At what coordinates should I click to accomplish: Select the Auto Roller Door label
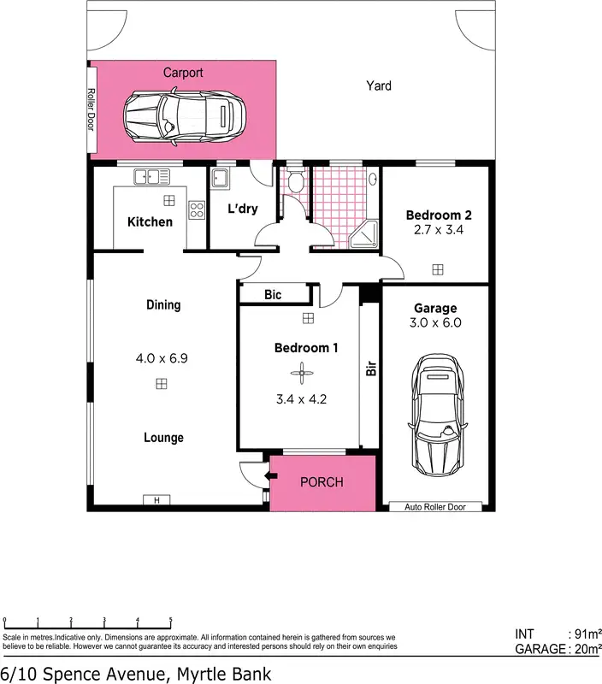pyautogui.click(x=437, y=507)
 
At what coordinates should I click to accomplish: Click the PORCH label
pyautogui.click(x=322, y=482)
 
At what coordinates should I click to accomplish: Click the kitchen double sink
pyautogui.click(x=151, y=177)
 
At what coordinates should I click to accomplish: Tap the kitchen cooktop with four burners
pyautogui.click(x=197, y=210)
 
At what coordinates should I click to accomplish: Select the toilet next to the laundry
pyautogui.click(x=295, y=181)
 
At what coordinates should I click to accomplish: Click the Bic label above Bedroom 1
pyautogui.click(x=273, y=295)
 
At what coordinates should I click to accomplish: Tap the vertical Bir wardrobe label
pyautogui.click(x=371, y=369)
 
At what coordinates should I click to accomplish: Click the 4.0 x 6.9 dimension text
pyautogui.click(x=162, y=358)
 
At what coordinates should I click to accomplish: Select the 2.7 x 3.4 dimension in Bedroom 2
pyautogui.click(x=439, y=230)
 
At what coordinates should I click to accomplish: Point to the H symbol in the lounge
pyautogui.click(x=156, y=501)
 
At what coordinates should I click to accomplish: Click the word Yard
pyautogui.click(x=379, y=85)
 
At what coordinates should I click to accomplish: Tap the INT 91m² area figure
pyautogui.click(x=558, y=634)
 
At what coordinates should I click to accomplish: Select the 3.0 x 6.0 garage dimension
pyautogui.click(x=436, y=323)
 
